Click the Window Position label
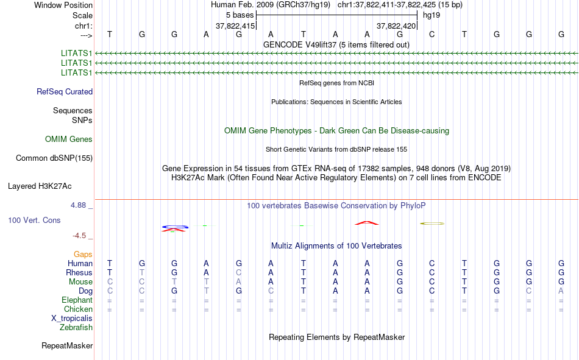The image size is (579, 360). [63, 5]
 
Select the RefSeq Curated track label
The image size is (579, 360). [65, 91]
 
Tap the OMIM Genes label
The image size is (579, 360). [69, 139]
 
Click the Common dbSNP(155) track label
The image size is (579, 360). [54, 158]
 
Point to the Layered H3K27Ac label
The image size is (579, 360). [40, 186]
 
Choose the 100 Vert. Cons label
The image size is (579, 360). [34, 221]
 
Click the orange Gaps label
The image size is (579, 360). [83, 255]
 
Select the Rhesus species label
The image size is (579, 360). [79, 272]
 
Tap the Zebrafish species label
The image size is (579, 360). [76, 328]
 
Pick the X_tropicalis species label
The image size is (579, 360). [72, 319]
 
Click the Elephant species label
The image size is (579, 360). [77, 300]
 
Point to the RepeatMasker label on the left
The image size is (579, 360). [67, 345]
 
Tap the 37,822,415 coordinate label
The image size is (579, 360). [235, 26]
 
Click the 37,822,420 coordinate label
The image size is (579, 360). [396, 26]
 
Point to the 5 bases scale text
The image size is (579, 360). [240, 15]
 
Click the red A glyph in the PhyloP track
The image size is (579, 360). [367, 223]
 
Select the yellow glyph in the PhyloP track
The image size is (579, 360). [432, 224]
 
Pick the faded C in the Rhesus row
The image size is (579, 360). [239, 272]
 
